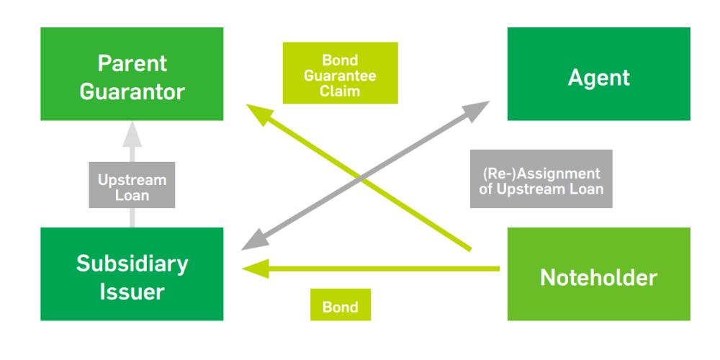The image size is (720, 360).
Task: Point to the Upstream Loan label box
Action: click(x=132, y=186)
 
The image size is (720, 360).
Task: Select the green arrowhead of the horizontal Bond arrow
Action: click(x=253, y=269)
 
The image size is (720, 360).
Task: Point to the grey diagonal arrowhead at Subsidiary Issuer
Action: click(x=252, y=243)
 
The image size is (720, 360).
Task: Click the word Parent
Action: click(x=132, y=63)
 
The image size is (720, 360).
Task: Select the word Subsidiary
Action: click(x=132, y=264)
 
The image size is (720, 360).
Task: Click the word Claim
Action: click(x=338, y=91)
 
